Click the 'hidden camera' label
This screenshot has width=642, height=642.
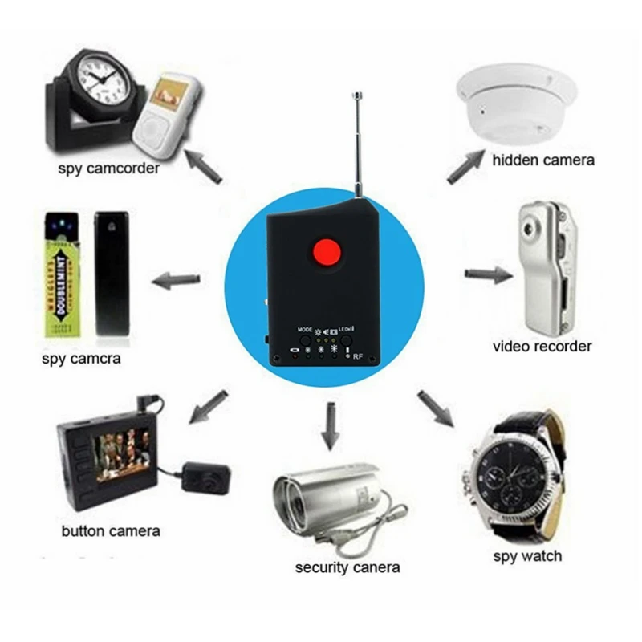[543, 160]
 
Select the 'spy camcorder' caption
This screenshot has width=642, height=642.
[108, 169]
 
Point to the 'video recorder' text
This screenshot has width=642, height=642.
[542, 347]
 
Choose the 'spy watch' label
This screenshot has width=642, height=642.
[526, 555]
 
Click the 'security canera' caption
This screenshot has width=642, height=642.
[347, 568]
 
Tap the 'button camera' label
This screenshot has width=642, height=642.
[111, 530]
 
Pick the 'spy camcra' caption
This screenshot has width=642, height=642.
[81, 359]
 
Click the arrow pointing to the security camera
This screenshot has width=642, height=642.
[327, 425]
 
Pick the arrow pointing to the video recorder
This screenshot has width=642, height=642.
[488, 275]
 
